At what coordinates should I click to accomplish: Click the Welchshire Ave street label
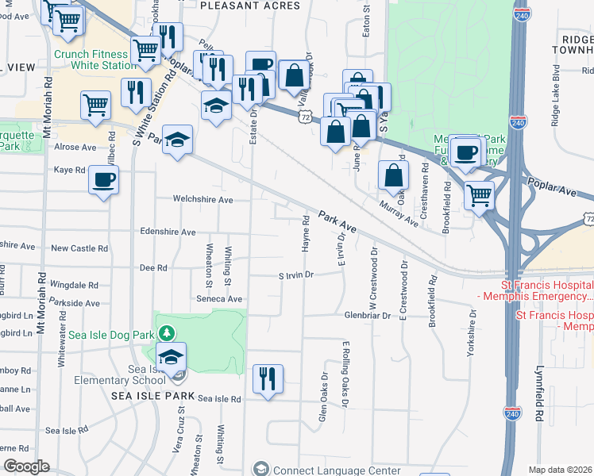(204, 200)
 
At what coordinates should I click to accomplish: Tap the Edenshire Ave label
(167, 232)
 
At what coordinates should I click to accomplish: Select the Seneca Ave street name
(220, 299)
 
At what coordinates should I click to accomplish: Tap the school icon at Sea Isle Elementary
(172, 358)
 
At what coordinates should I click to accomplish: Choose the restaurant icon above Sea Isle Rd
(268, 378)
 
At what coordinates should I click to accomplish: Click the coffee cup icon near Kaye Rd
(103, 180)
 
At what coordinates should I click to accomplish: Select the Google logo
(27, 466)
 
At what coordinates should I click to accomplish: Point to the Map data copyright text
(560, 470)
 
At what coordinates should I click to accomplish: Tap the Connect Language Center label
(337, 470)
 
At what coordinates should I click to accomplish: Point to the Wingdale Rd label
(73, 284)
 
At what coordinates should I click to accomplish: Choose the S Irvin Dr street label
(296, 274)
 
